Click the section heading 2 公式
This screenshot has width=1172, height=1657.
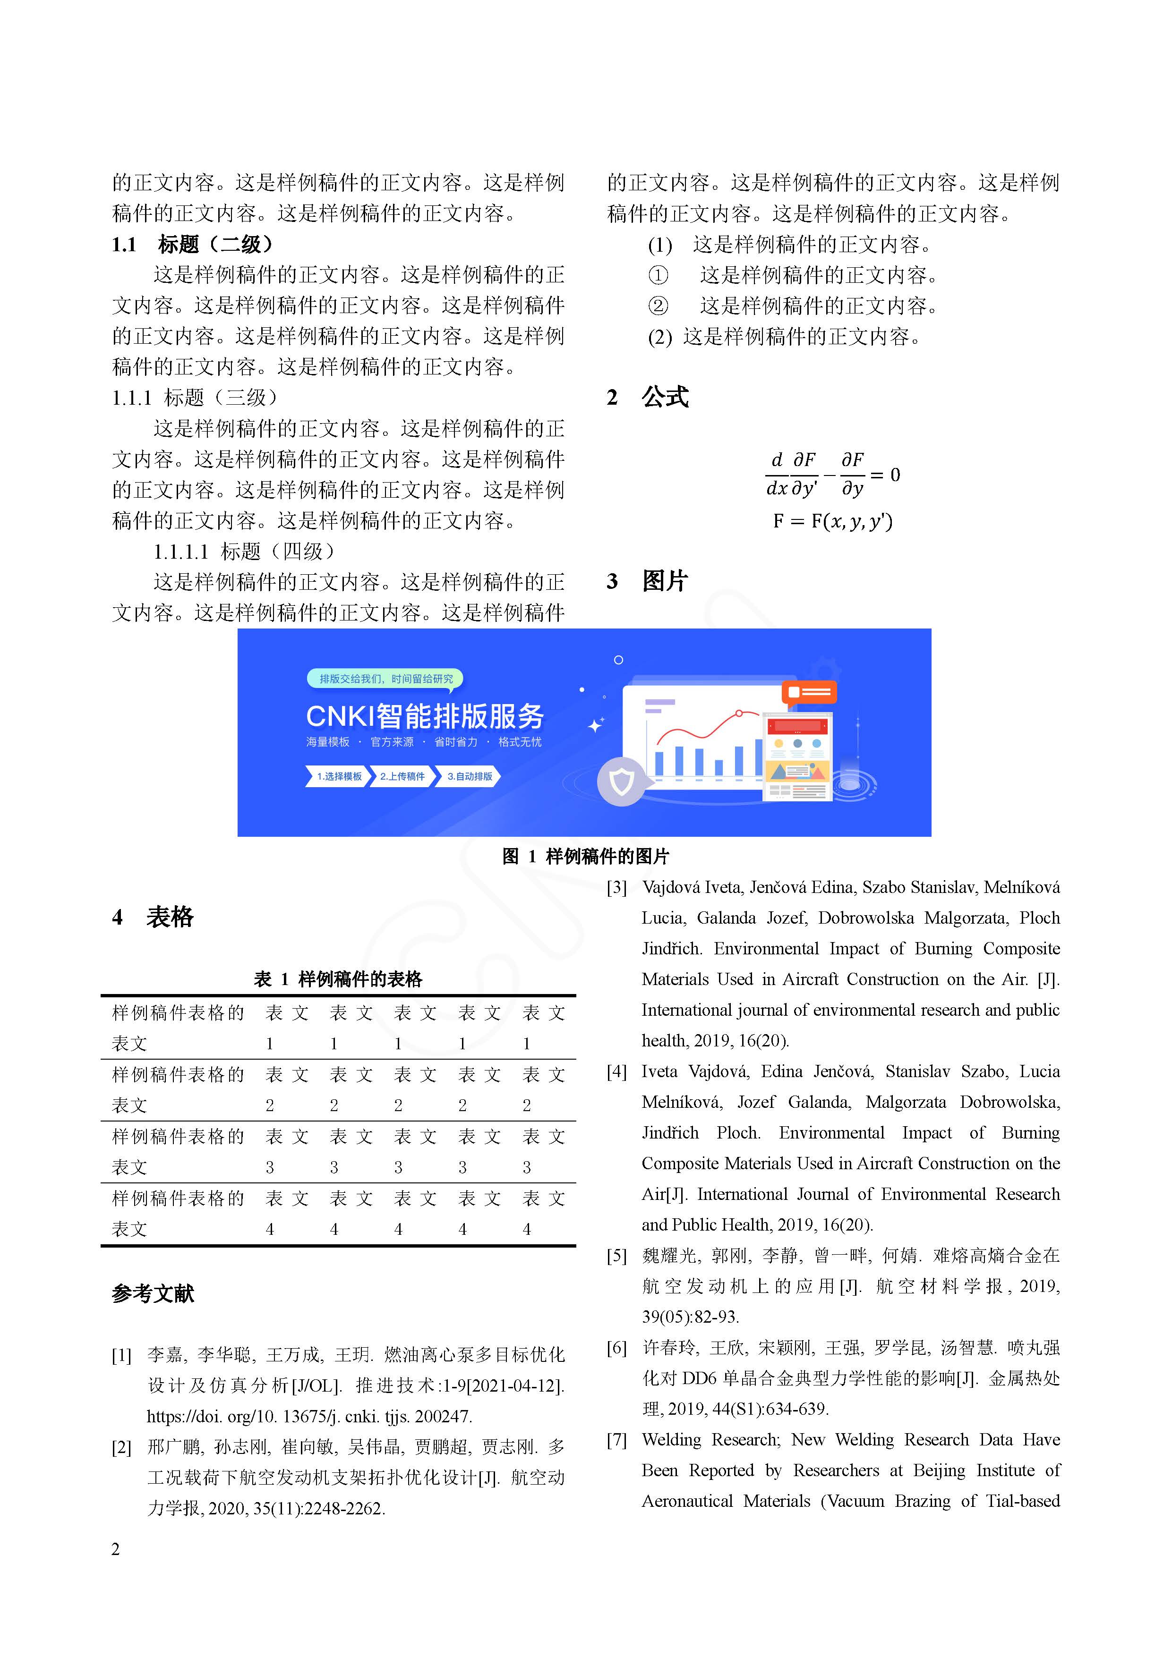point(648,397)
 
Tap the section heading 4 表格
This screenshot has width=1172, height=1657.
point(153,917)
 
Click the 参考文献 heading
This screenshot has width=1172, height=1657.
point(153,1293)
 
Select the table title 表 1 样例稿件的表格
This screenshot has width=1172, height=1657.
point(338,979)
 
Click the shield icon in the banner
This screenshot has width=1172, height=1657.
point(622,781)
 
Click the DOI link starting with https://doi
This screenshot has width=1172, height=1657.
point(309,1417)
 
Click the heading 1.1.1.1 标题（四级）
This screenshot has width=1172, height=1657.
point(244,552)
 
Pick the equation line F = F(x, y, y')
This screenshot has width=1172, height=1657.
point(833,521)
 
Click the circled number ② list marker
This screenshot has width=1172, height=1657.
point(658,306)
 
